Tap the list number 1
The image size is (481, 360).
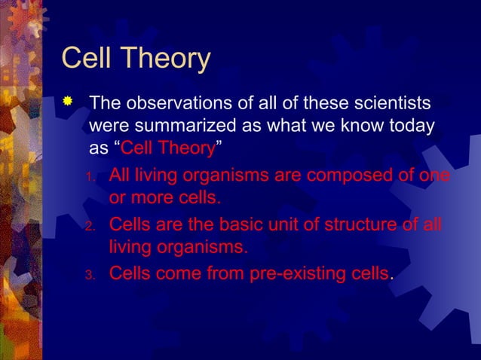tap(88, 178)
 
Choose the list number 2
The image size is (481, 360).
tap(88, 227)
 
